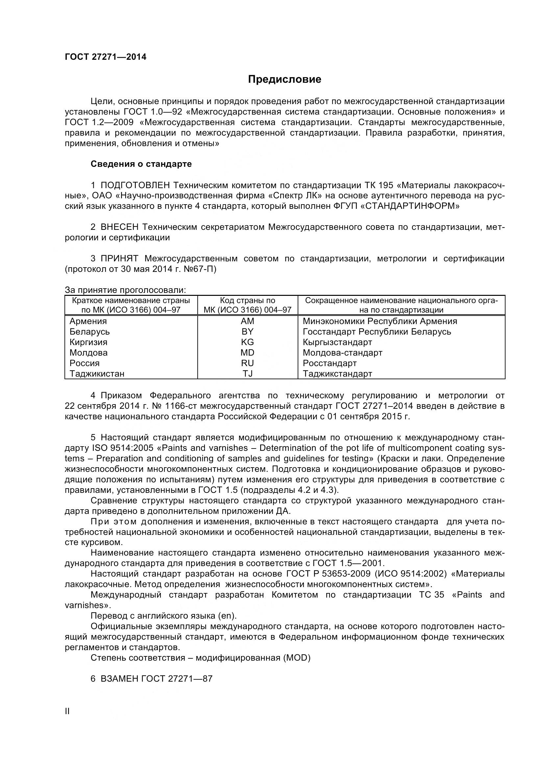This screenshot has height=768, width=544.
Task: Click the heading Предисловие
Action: [284, 79]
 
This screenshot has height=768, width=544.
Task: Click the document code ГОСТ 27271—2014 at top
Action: [106, 57]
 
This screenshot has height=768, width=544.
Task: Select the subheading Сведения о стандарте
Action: [141, 164]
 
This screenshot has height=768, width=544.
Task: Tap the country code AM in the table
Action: [247, 321]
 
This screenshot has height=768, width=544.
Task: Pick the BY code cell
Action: [247, 332]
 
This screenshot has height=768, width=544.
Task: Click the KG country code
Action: [247, 342]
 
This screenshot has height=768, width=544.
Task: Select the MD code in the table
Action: [247, 353]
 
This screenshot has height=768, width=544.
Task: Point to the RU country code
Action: [247, 363]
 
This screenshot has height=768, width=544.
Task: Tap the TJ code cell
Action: [247, 374]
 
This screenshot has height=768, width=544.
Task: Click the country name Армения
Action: [88, 321]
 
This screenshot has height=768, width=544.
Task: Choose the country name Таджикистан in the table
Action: [97, 374]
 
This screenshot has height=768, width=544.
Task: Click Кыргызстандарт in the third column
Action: [337, 342]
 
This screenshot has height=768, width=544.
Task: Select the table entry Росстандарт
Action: [330, 363]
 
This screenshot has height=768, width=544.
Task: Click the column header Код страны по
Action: [247, 300]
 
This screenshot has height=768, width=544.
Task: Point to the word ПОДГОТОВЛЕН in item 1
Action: [135, 185]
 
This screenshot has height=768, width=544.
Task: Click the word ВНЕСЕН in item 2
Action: [119, 227]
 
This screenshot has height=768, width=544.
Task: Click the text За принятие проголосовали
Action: [125, 290]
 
